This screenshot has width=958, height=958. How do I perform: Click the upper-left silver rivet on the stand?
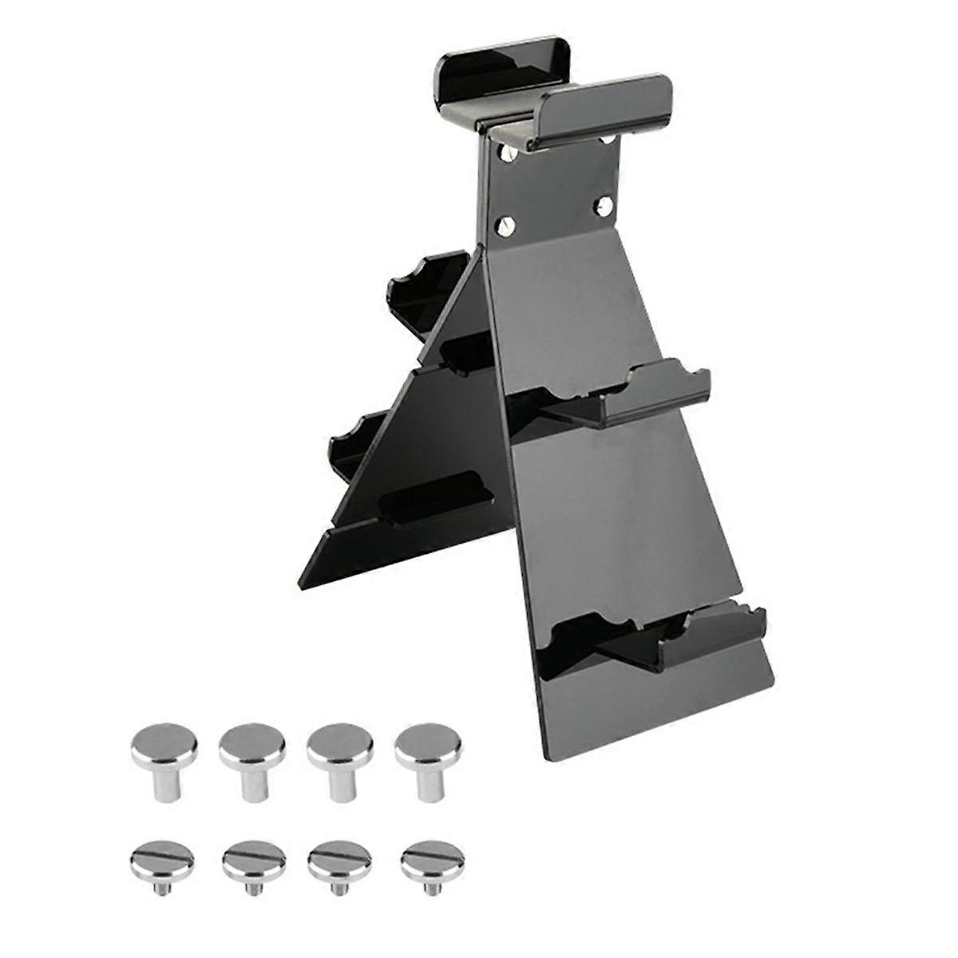(x=505, y=150)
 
